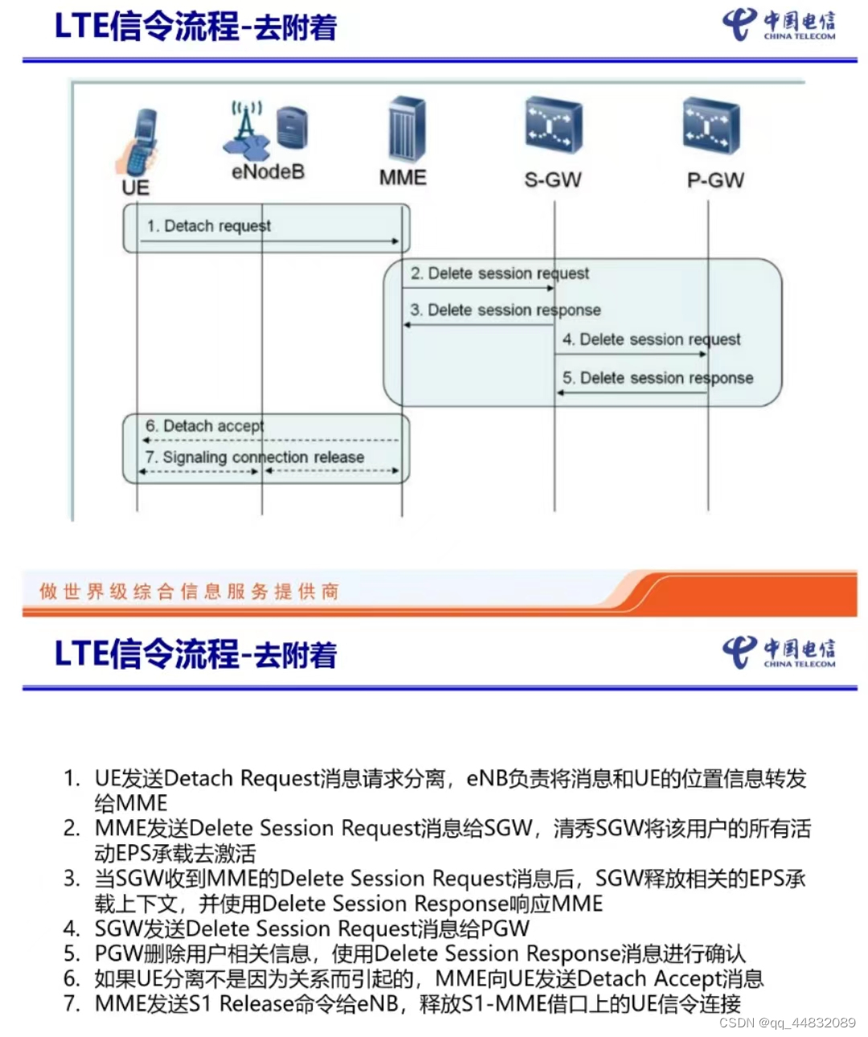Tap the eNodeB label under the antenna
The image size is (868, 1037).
pyautogui.click(x=268, y=171)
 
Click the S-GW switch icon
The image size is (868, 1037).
pyautogui.click(x=553, y=125)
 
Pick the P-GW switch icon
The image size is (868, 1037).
pyautogui.click(x=710, y=125)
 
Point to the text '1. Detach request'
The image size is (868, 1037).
pyautogui.click(x=208, y=226)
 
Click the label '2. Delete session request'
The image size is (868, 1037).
pyautogui.click(x=500, y=273)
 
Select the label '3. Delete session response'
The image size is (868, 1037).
pyautogui.click(x=506, y=310)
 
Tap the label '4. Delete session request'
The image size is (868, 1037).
pyautogui.click(x=652, y=339)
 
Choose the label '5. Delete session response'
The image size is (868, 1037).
pyautogui.click(x=658, y=378)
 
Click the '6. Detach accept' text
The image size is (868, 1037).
pyautogui.click(x=205, y=425)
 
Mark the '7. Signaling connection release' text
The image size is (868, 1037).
pyautogui.click(x=255, y=457)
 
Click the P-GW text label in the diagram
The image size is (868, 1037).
pyautogui.click(x=715, y=180)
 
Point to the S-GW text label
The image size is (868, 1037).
pyautogui.click(x=553, y=180)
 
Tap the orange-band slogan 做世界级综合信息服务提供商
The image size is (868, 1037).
pyautogui.click(x=189, y=592)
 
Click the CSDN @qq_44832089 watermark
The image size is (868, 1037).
pyautogui.click(x=787, y=1023)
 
